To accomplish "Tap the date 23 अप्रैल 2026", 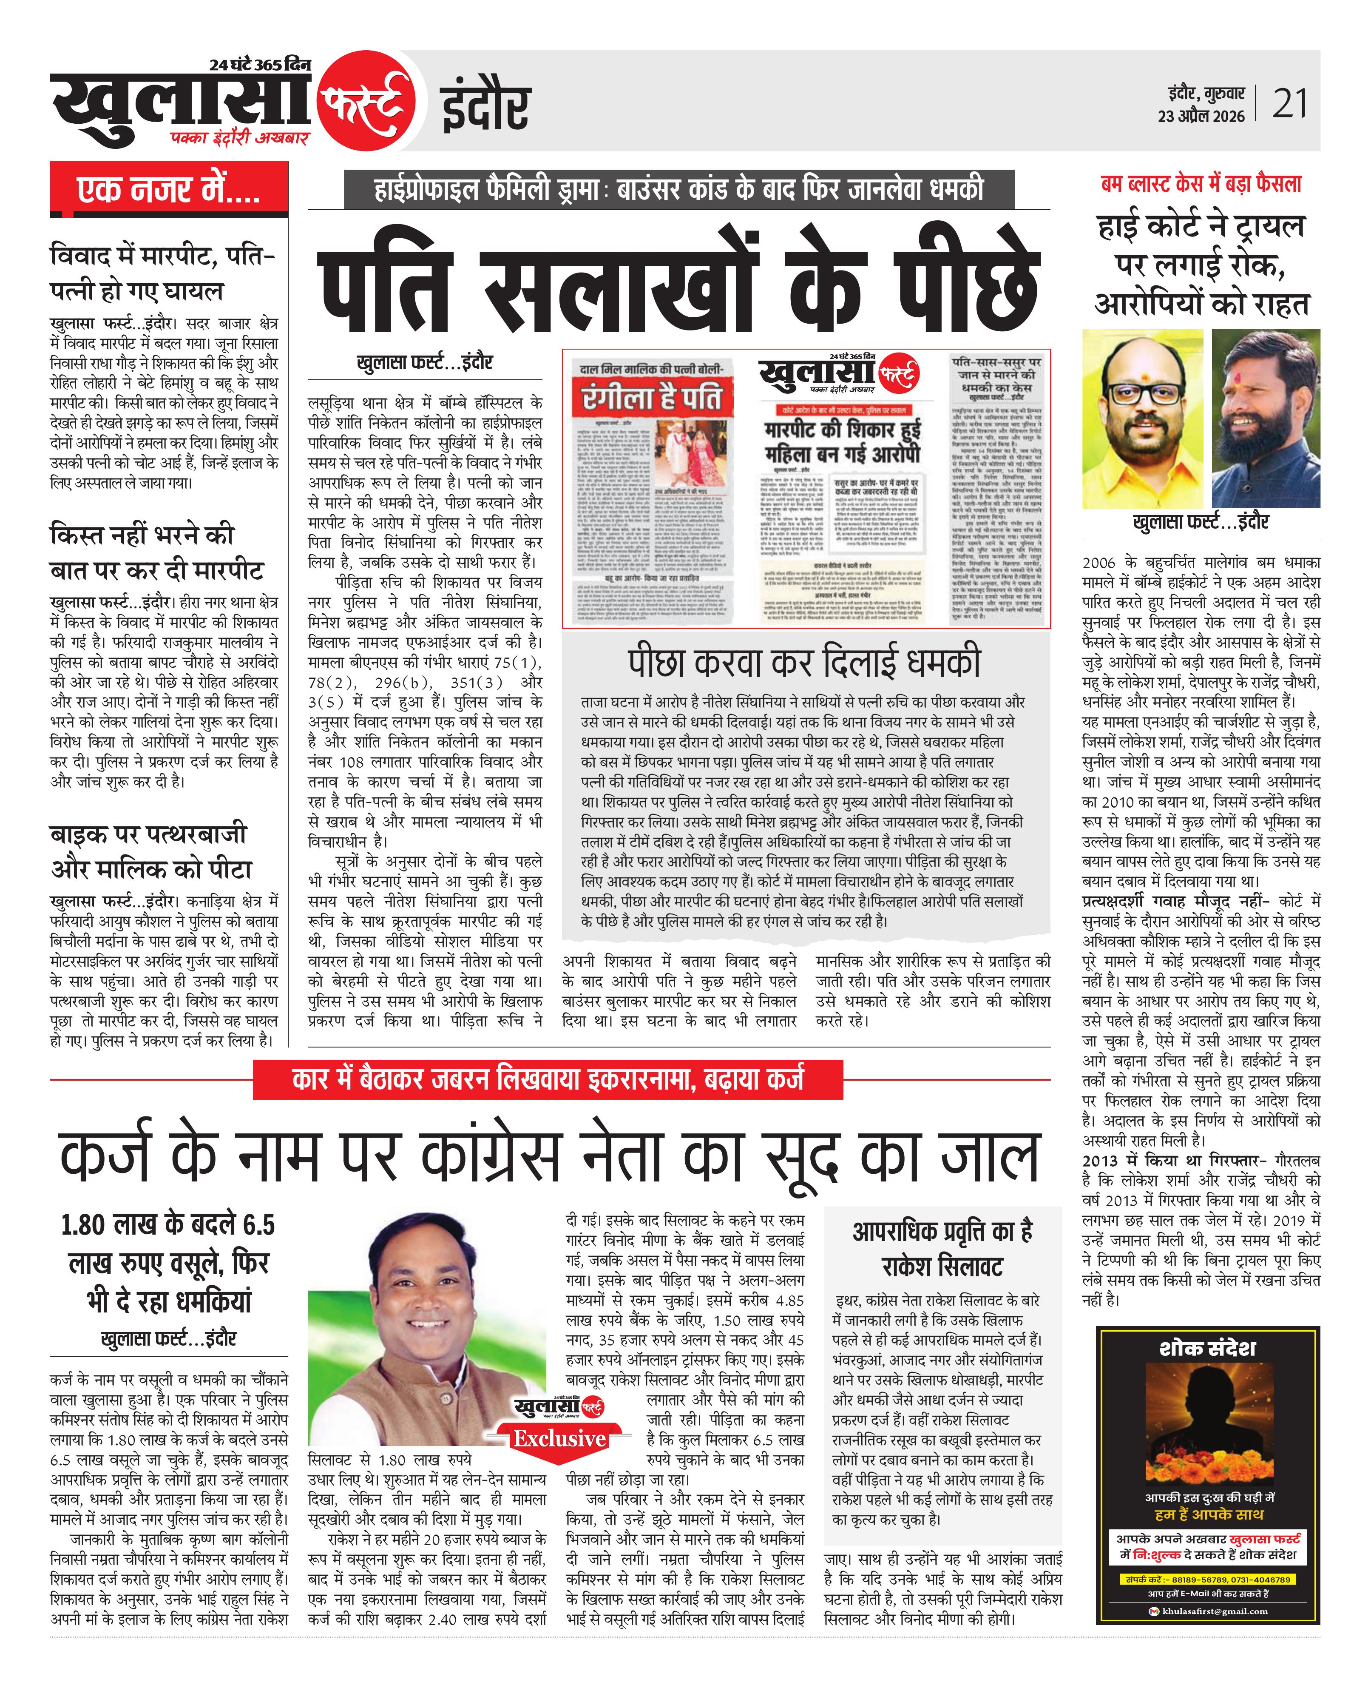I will [x=1201, y=116].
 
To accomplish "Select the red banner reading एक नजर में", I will [x=168, y=190].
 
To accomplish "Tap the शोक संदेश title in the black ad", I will [x=1207, y=1348].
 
